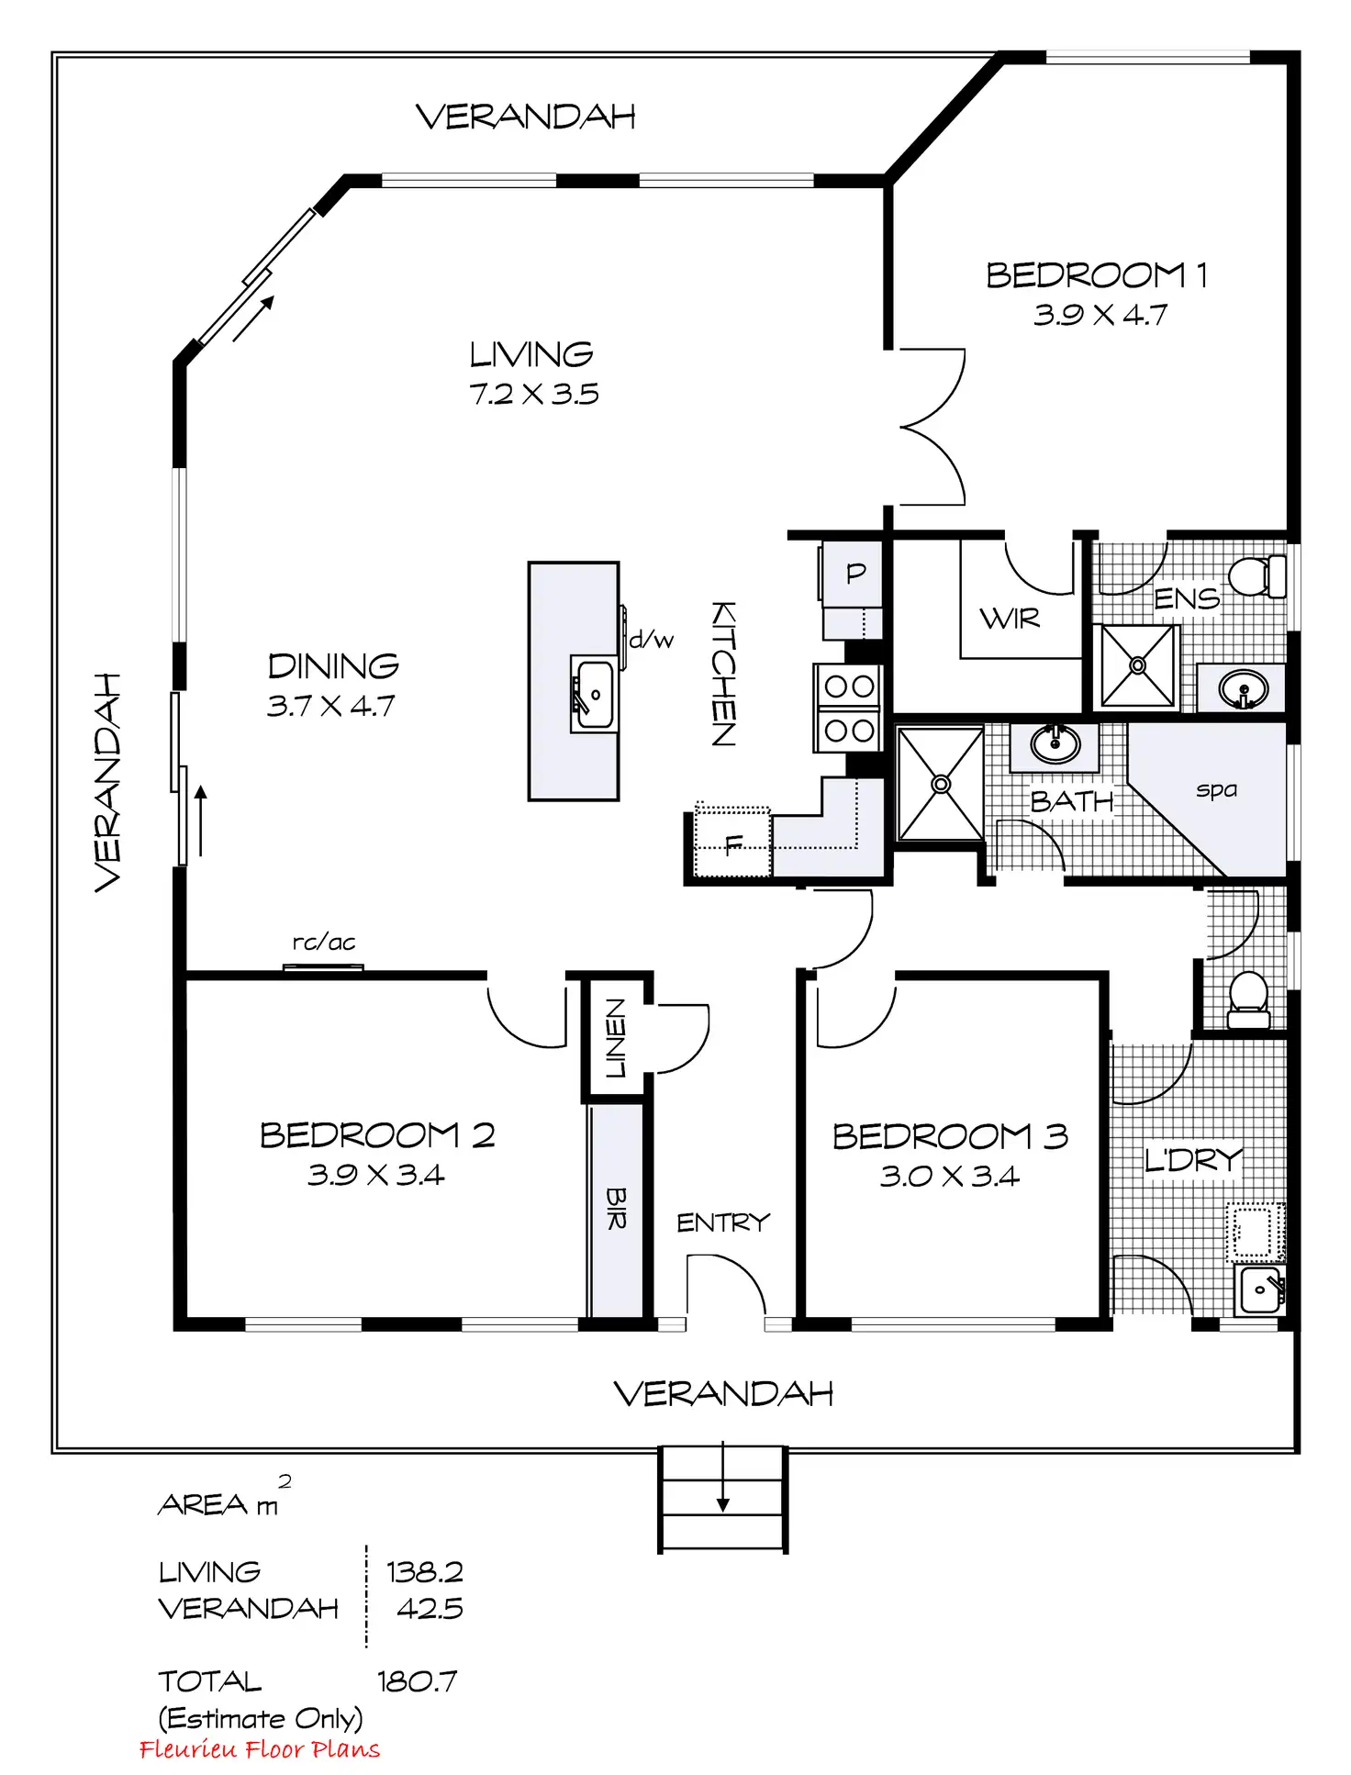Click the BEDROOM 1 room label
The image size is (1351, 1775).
1096,275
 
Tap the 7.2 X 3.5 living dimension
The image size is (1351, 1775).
533,395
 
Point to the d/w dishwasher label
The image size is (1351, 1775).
652,640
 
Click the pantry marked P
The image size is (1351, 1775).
855,574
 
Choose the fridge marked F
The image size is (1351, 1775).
732,843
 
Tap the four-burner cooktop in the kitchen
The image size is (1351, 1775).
849,709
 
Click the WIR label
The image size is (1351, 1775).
1010,619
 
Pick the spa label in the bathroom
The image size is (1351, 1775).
1216,789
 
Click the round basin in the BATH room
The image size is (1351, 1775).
1055,742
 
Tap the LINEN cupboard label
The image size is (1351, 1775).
615,1038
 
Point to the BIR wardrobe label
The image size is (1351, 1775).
616,1209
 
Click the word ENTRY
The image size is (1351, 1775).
723,1222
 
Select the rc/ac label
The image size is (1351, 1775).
324,943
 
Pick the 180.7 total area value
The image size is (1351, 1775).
418,1681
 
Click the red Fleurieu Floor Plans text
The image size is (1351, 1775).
260,1749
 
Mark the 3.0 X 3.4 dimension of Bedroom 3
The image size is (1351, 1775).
950,1177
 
